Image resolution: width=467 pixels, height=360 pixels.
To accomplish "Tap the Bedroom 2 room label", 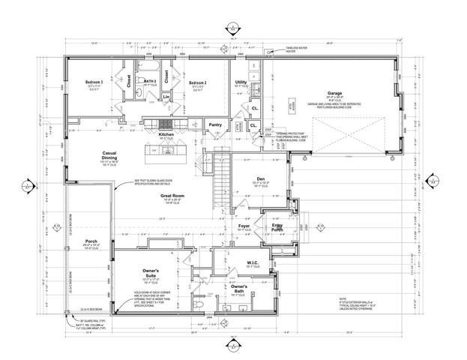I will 197,82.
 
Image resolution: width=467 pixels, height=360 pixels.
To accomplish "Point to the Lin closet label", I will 165,97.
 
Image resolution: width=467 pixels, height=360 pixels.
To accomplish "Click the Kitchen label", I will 166,134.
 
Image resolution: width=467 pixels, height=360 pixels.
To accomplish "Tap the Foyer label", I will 244,225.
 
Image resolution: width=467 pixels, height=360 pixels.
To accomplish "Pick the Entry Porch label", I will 278,227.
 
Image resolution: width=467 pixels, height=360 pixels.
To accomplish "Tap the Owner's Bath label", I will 240,289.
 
